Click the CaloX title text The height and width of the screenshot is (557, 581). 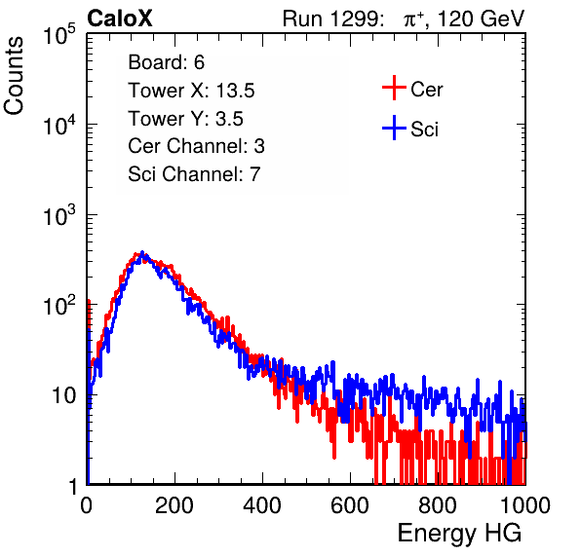click(x=119, y=19)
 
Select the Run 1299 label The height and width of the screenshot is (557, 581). click(x=332, y=19)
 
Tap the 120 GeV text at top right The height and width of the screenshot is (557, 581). click(x=481, y=19)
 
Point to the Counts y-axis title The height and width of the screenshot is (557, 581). click(x=14, y=76)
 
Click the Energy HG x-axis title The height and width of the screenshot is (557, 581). click(x=459, y=534)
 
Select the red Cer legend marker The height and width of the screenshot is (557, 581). click(x=394, y=88)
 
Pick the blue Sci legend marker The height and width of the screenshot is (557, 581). click(x=394, y=129)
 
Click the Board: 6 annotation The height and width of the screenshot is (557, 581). click(x=166, y=62)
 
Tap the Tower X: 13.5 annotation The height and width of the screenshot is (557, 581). click(x=191, y=91)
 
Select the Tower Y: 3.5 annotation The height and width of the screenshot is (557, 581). click(x=185, y=119)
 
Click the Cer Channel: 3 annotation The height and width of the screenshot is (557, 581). click(x=196, y=146)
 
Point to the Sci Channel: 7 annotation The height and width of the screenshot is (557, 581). click(x=194, y=174)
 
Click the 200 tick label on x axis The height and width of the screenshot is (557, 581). click(x=174, y=505)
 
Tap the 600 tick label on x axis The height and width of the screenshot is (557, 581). click(x=350, y=505)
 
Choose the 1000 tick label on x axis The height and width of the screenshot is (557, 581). click(x=525, y=505)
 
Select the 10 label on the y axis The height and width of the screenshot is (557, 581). click(x=63, y=395)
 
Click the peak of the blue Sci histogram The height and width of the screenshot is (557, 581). click(x=142, y=252)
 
